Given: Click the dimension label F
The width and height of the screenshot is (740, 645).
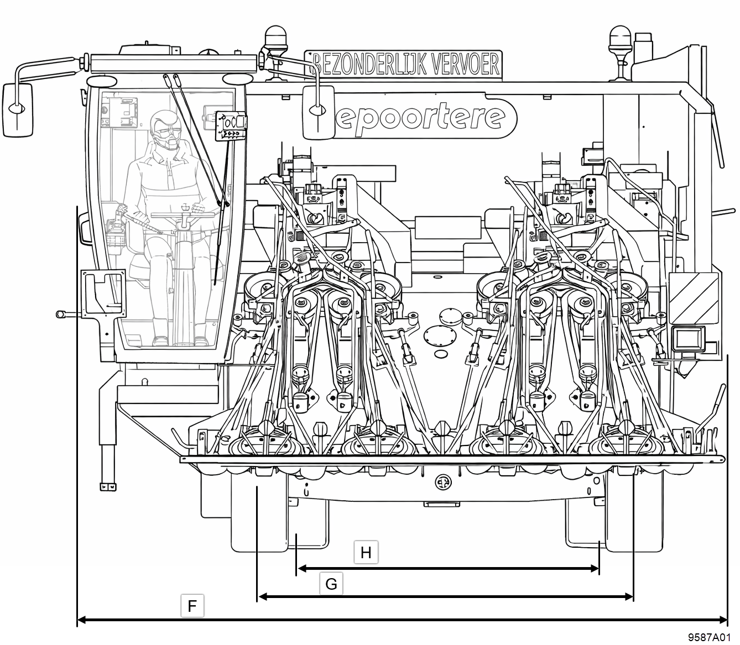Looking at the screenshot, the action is tap(192, 605).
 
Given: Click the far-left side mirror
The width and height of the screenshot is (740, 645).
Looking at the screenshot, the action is tap(17, 109).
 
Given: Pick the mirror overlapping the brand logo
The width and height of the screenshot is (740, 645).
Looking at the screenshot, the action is tap(318, 112).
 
